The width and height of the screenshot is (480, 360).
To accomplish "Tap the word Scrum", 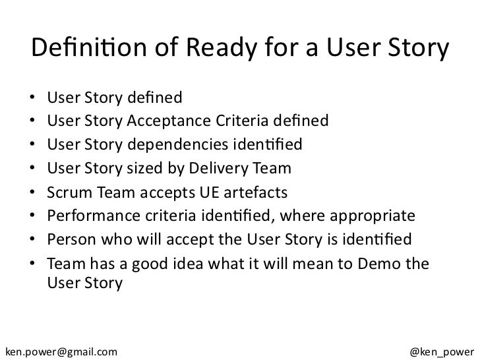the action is point(68,192).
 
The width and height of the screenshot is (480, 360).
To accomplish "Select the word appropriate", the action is point(377,216).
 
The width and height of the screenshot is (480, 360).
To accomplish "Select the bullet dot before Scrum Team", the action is point(33,193).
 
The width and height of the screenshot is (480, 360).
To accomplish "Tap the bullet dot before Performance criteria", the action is point(33,216).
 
